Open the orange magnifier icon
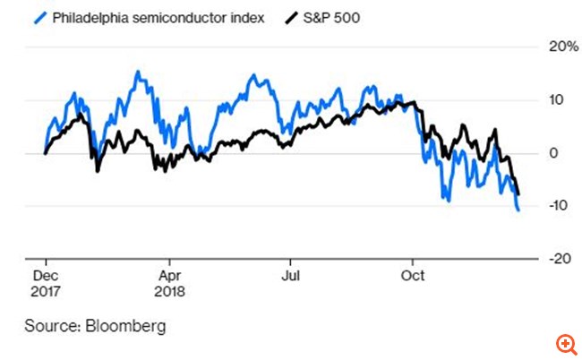point(565,344)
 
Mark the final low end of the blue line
point(518,210)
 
